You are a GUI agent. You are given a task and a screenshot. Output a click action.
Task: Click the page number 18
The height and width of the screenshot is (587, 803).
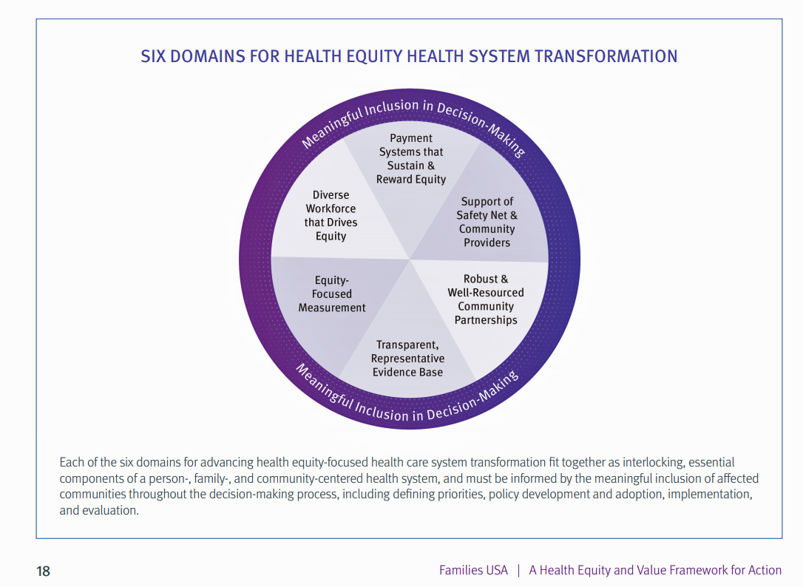click(44, 571)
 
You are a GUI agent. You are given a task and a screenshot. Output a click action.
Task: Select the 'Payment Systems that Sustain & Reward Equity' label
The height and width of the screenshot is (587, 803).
click(411, 159)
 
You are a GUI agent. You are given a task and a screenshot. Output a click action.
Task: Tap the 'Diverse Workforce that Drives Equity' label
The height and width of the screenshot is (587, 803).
click(331, 216)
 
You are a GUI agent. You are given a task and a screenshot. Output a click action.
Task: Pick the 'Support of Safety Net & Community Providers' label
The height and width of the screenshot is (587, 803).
click(487, 222)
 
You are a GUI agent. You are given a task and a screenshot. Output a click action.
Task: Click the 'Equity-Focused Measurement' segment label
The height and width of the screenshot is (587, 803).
click(332, 293)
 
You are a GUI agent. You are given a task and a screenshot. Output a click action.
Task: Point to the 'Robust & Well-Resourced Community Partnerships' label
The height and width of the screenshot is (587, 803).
click(486, 299)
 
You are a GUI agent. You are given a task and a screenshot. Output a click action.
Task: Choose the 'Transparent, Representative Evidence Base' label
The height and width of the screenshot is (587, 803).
click(407, 359)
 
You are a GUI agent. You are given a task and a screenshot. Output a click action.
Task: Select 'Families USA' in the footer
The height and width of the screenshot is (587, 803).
click(473, 570)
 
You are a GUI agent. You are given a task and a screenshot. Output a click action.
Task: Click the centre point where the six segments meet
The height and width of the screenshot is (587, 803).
click(410, 259)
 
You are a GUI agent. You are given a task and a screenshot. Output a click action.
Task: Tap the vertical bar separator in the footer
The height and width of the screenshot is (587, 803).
click(518, 570)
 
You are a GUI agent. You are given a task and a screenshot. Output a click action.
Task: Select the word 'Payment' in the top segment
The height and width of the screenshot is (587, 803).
click(411, 138)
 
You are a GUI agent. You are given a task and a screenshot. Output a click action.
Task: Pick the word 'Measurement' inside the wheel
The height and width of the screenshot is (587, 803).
click(332, 308)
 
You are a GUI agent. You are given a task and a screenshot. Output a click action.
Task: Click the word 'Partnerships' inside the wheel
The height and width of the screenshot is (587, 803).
click(486, 320)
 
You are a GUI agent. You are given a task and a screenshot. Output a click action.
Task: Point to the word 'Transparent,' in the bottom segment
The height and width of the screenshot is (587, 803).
click(407, 345)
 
